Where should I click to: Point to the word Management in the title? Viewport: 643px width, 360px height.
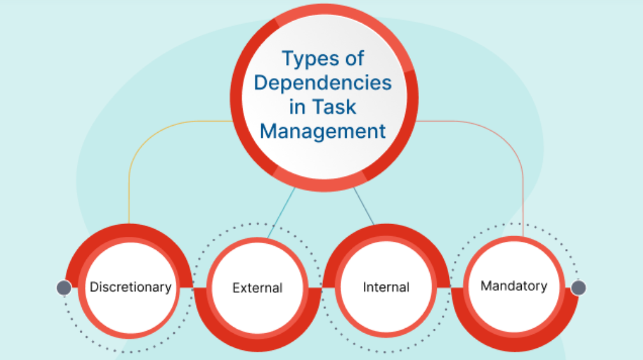click(324, 131)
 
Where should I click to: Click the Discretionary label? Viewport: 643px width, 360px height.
click(130, 287)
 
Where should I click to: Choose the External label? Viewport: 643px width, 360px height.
click(257, 288)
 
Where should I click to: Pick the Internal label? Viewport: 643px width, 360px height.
click(386, 287)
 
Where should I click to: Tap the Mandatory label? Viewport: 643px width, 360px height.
click(514, 285)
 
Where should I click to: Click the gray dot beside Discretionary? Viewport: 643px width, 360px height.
click(64, 288)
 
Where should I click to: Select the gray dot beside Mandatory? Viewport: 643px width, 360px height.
click(579, 288)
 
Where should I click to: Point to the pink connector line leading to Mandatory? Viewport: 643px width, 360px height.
click(523, 179)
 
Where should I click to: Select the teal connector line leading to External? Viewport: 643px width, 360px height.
click(282, 211)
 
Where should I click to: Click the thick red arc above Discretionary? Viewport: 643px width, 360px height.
click(130, 231)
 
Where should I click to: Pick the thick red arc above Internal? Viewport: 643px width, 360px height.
click(386, 231)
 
